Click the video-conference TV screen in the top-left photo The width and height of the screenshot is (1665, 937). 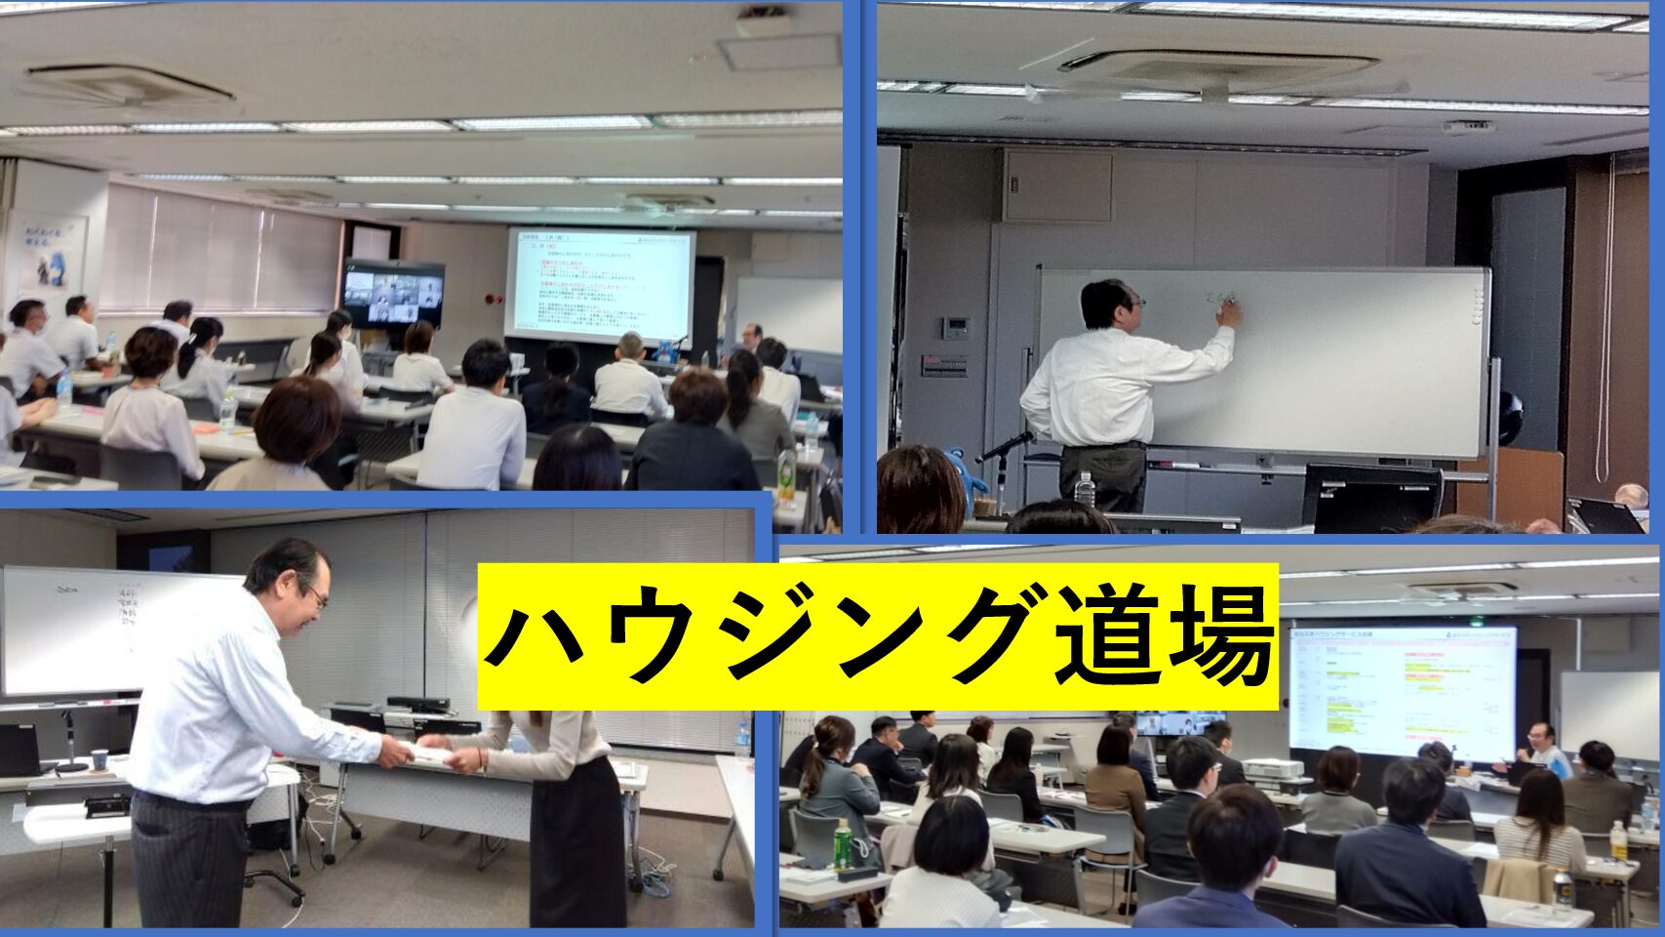(393, 294)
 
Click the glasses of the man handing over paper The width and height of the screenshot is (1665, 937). (317, 595)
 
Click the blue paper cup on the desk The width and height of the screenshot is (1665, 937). (100, 757)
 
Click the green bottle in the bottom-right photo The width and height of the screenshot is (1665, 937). (842, 843)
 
